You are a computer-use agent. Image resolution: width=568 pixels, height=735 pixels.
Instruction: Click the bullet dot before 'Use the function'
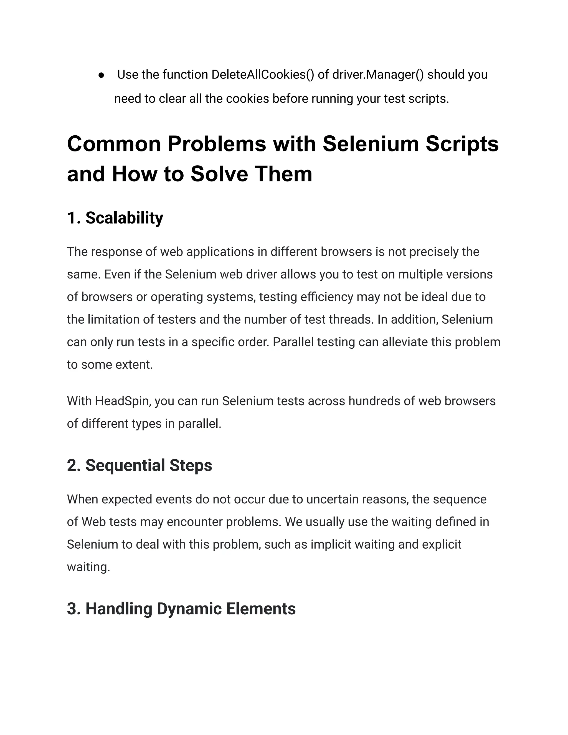pos(101,75)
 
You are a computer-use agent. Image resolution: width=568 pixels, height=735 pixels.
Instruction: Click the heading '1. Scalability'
pos(115,218)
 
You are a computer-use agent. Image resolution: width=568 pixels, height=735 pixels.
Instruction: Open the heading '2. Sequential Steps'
pos(139,465)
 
